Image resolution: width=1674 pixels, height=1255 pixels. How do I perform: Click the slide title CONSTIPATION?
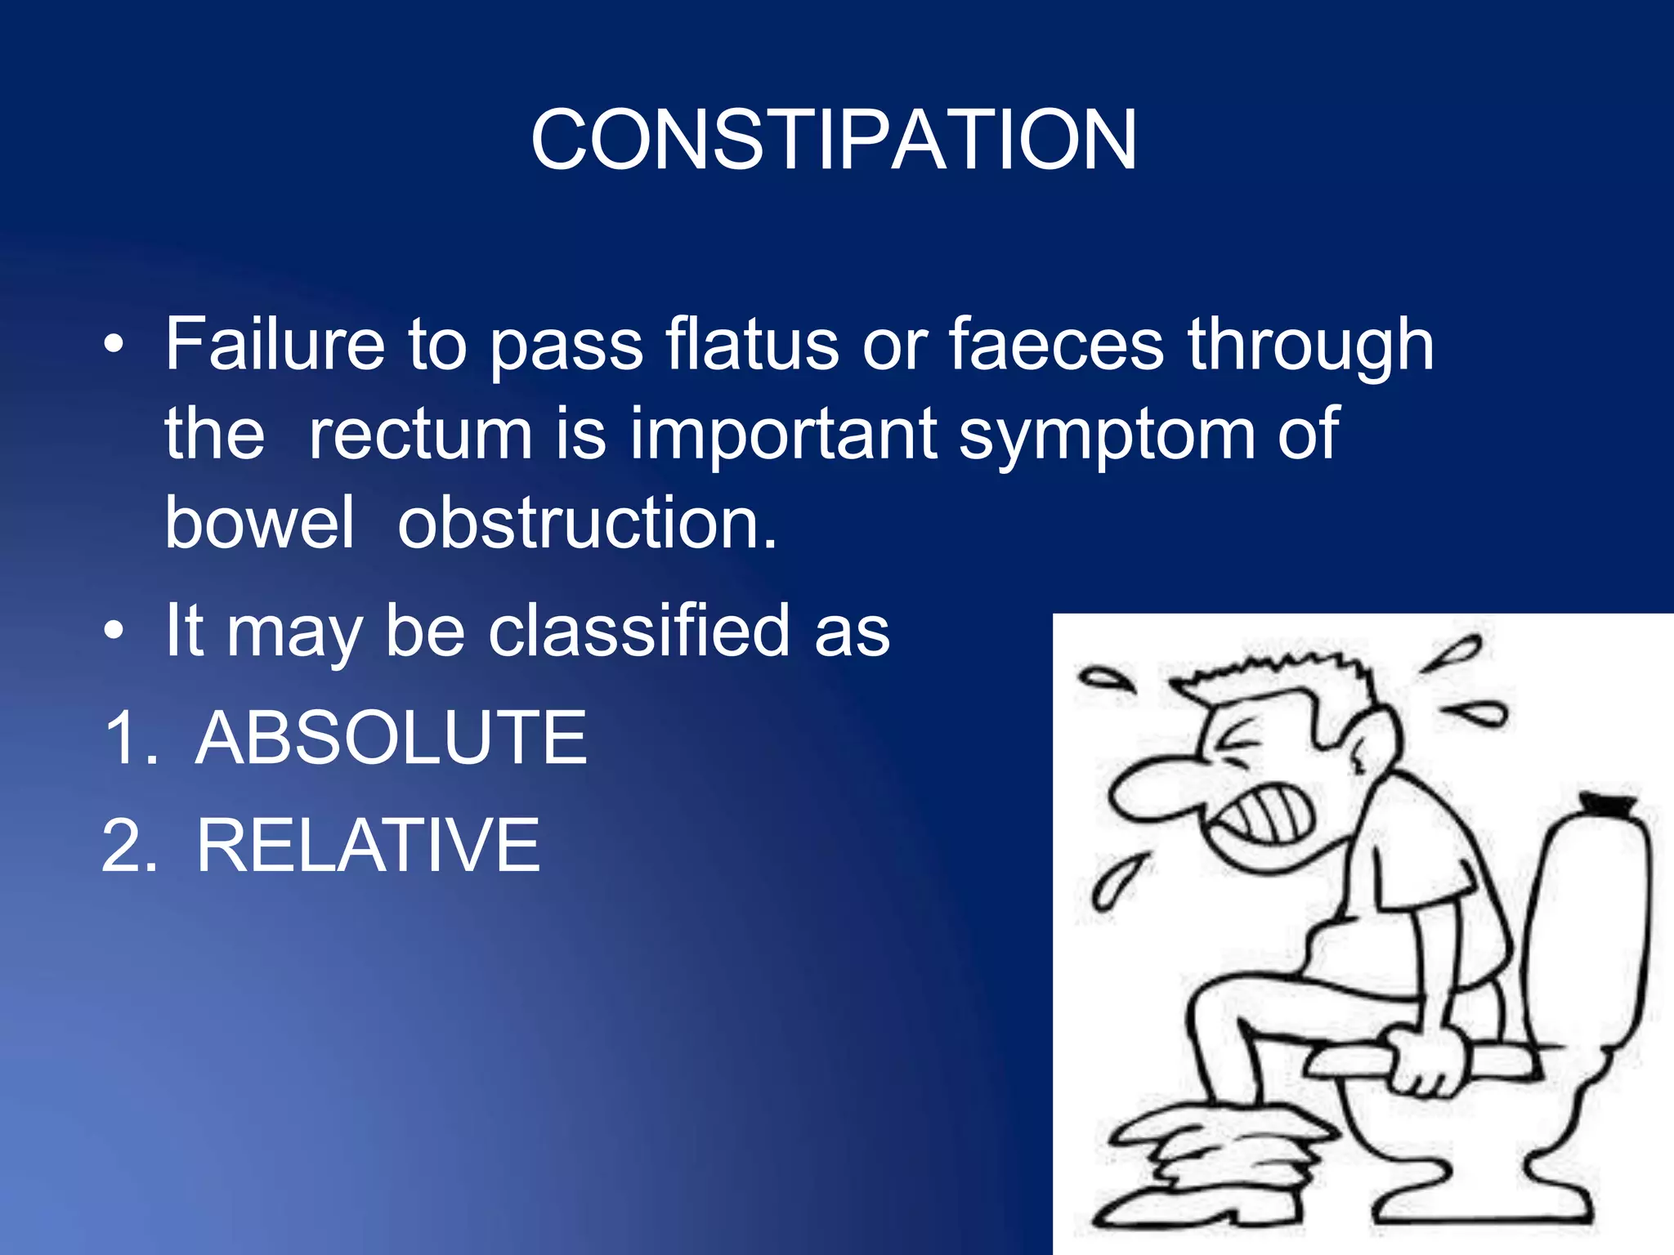pos(834,141)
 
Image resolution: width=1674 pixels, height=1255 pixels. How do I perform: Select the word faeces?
pos(1056,346)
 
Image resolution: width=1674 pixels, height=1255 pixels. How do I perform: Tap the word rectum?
pos(420,434)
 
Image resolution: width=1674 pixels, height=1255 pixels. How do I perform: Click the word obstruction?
pos(587,523)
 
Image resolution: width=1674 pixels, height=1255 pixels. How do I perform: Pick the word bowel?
pos(259,523)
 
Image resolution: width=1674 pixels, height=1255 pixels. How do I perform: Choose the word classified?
pos(639,631)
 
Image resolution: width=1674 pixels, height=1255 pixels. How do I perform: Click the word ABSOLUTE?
pos(392,739)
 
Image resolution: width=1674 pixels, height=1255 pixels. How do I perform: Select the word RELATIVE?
pos(368,846)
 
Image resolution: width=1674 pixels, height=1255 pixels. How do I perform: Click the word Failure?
pos(275,346)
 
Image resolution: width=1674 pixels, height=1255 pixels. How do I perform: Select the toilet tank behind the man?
pos(1586,915)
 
